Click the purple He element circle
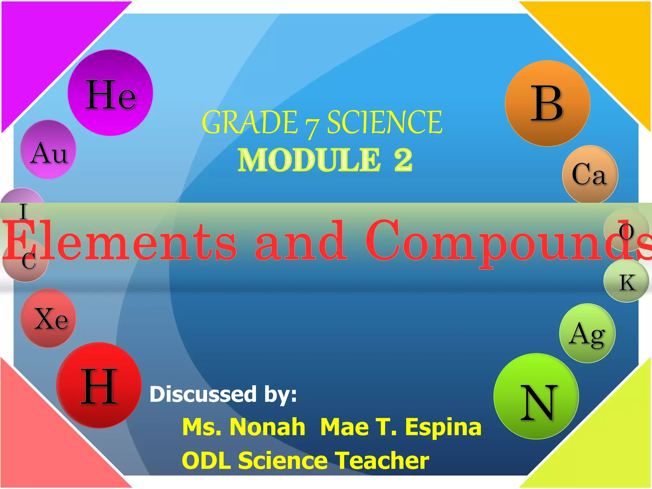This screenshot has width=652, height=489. tap(110, 93)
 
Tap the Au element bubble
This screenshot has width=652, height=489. tap(48, 150)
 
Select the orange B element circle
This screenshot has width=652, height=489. tap(547, 103)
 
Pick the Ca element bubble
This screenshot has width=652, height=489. tap(590, 174)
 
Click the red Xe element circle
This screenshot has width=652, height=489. tap(48, 318)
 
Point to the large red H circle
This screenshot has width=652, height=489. tap(99, 385)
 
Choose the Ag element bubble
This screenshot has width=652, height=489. tap(587, 333)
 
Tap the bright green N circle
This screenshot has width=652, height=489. tap(536, 396)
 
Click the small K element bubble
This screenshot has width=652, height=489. tap(626, 281)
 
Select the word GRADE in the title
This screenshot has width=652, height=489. tap(250, 123)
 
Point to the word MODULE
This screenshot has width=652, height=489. tap(309, 160)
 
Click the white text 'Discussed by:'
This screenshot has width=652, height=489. tap(223, 394)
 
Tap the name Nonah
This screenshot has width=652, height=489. tap(267, 427)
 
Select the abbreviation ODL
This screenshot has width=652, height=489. tap(206, 460)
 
